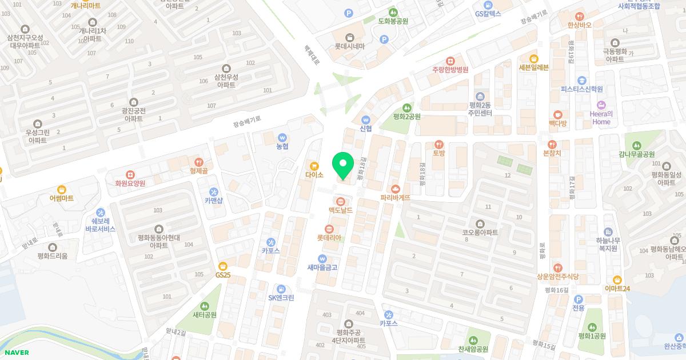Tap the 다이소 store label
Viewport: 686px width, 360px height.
point(314,175)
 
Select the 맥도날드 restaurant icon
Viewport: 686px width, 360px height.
point(341,201)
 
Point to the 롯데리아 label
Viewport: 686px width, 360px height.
point(329,238)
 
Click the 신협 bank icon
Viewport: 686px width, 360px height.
point(366,119)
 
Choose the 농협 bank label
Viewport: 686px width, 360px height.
point(282,147)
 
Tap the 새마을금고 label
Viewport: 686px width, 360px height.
point(322,267)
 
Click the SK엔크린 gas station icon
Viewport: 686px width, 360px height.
point(281,288)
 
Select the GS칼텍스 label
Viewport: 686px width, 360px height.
point(488,13)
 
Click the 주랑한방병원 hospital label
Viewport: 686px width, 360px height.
point(450,70)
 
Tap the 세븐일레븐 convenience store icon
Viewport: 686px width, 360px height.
point(533,58)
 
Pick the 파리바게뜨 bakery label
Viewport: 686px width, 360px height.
point(396,198)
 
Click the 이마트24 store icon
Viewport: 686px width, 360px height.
point(617,279)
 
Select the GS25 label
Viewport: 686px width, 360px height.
point(223,275)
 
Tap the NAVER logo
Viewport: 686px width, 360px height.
point(17,353)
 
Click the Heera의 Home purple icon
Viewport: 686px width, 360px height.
point(601,105)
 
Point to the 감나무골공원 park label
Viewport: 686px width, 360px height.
point(636,154)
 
